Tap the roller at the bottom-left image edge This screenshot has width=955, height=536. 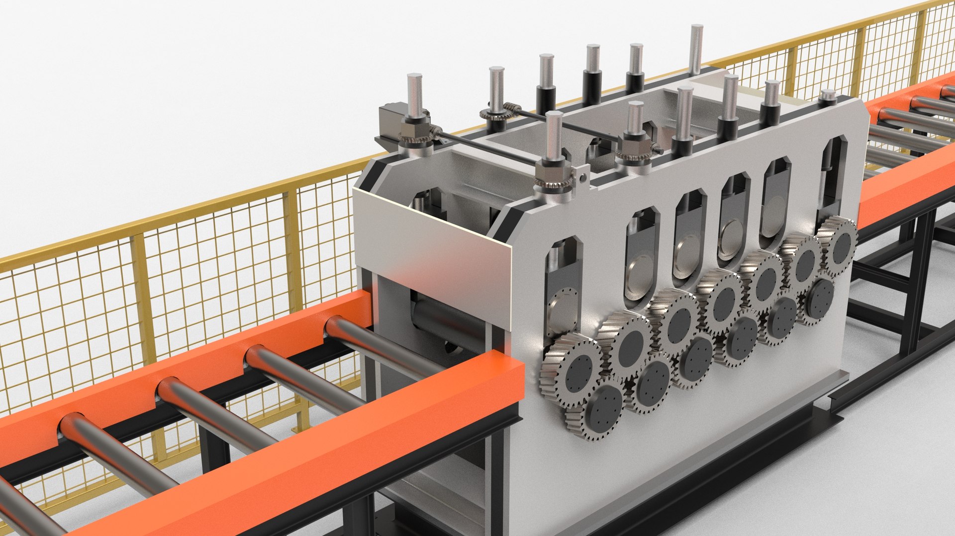click(20, 507)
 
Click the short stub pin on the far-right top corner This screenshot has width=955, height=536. click(828, 95)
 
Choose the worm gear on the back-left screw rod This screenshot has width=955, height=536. click(496, 113)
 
